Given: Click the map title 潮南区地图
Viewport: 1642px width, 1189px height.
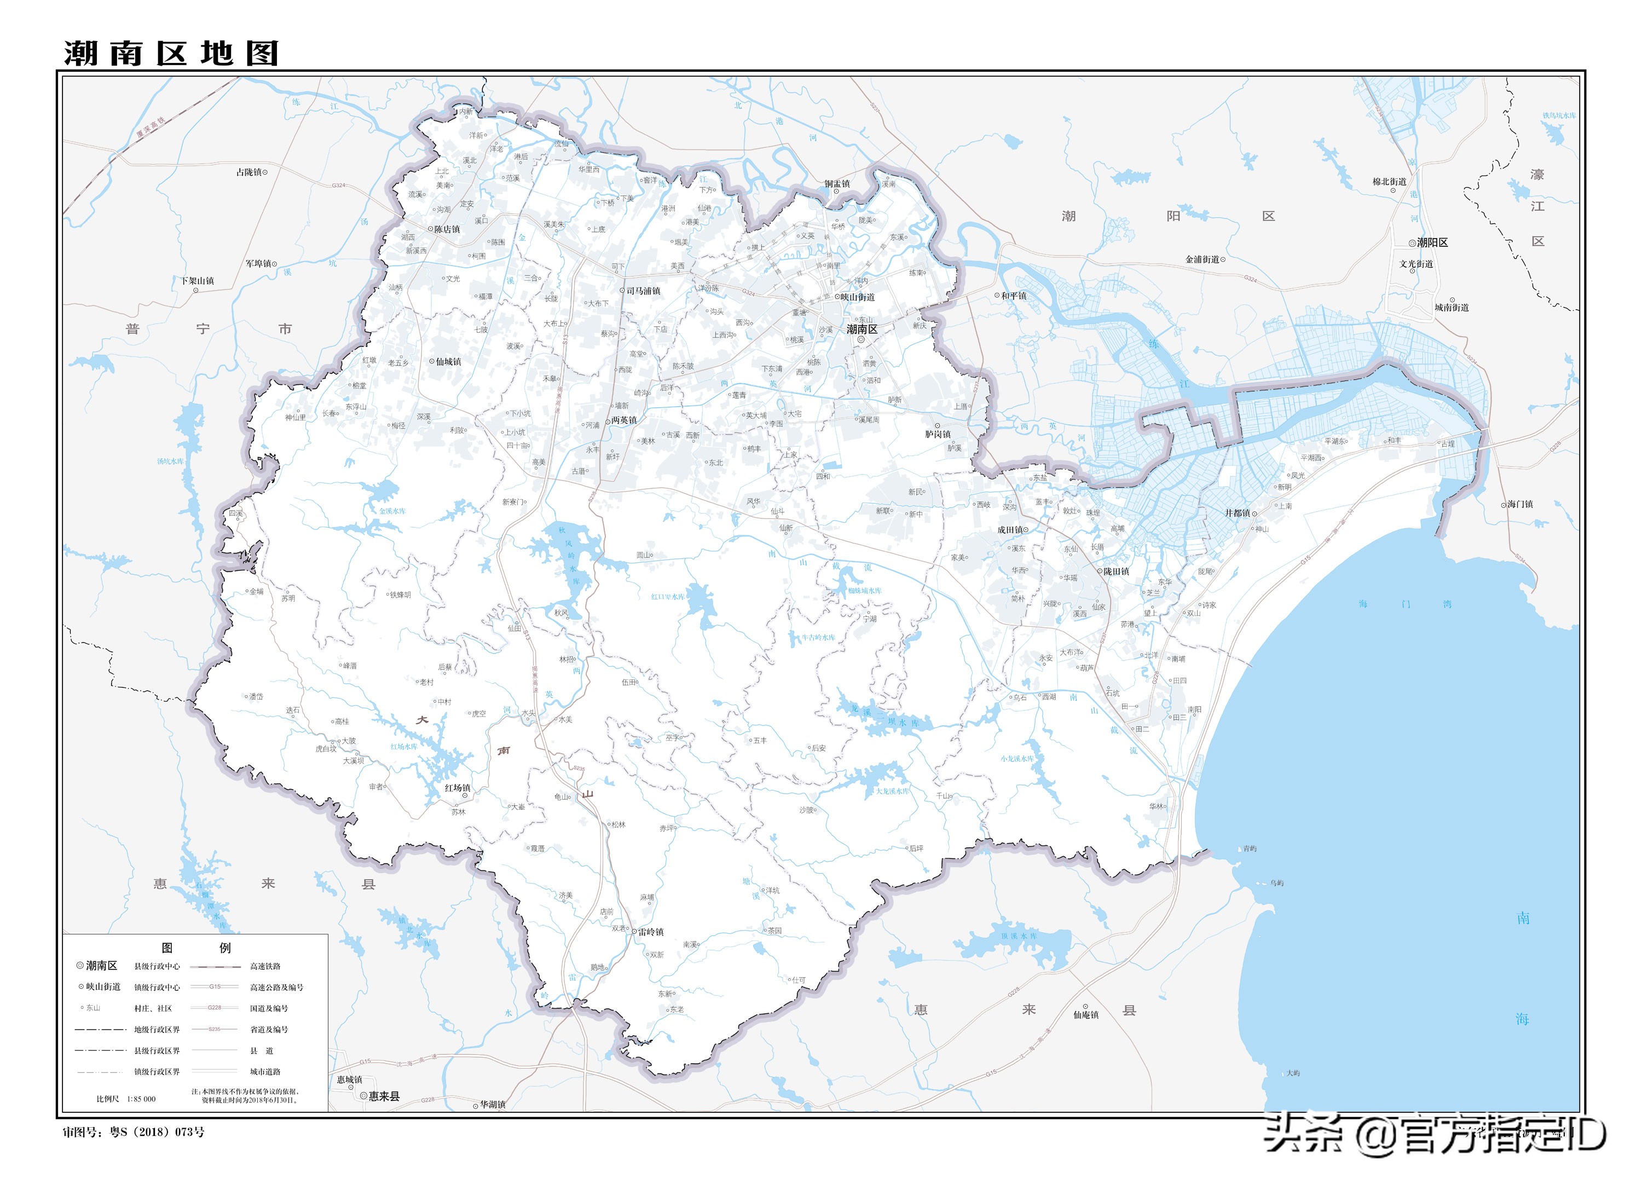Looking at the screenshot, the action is click(x=171, y=54).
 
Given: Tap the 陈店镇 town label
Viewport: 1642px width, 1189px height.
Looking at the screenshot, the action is click(x=447, y=229).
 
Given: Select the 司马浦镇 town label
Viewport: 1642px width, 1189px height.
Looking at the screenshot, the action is click(x=644, y=291).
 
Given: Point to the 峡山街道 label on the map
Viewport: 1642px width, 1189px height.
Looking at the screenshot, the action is click(x=857, y=297).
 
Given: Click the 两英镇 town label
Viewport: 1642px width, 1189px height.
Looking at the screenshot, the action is click(x=623, y=420).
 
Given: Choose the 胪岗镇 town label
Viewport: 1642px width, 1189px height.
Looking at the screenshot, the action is click(x=938, y=435).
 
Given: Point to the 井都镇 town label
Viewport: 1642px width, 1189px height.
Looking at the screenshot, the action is click(x=1238, y=513).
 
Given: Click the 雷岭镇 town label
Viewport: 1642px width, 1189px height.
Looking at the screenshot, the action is click(x=650, y=932).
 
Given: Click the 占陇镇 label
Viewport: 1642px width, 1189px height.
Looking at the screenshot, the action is click(x=249, y=172).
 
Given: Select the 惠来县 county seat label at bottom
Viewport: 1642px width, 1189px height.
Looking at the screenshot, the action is click(x=384, y=1096).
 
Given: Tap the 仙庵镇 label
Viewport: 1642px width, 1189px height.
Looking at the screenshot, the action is click(x=1085, y=1015).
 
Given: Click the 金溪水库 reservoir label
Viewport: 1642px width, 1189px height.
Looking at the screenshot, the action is click(x=392, y=511).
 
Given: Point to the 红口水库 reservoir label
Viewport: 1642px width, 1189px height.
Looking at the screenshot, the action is click(x=667, y=597).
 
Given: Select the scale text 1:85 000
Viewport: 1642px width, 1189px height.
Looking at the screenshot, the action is click(x=141, y=1099).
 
